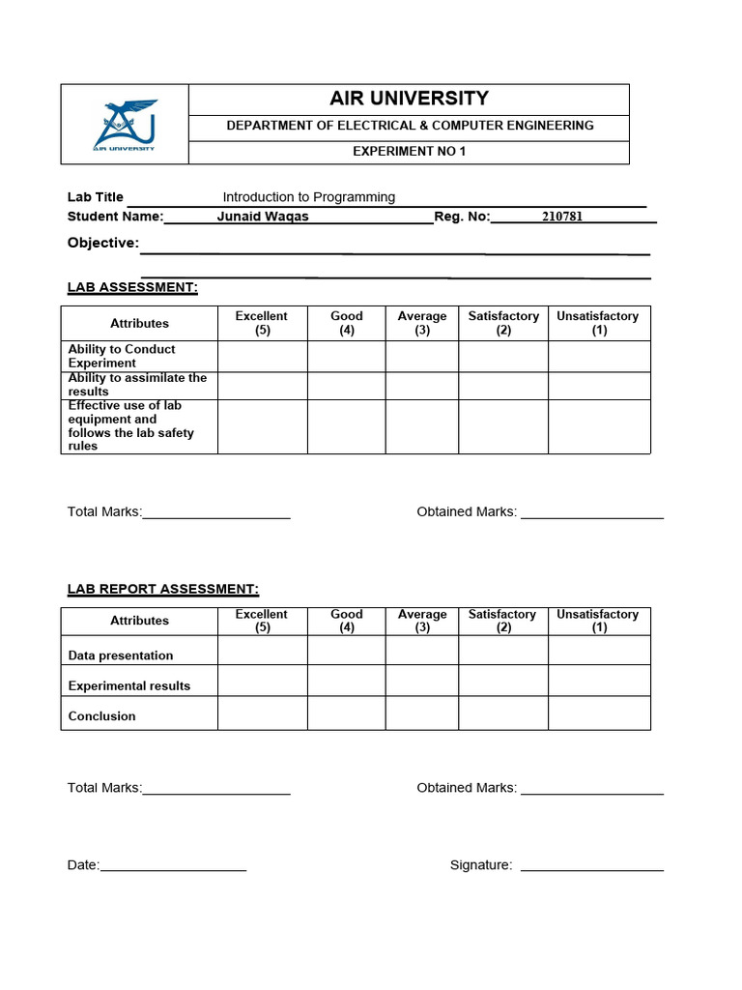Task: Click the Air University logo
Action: pos(125,125)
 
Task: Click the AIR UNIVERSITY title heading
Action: pos(409,99)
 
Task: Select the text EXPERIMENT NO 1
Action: pos(409,152)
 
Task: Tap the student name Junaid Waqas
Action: pos(263,217)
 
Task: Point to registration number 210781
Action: pos(562,217)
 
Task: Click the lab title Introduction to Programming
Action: pos(309,197)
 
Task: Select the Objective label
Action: pos(102,243)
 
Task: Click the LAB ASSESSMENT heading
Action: pos(132,287)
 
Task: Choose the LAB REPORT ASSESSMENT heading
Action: pos(162,589)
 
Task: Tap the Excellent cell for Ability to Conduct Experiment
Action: pos(262,357)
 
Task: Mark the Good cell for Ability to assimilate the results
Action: pos(346,386)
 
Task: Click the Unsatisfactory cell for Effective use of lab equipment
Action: pos(599,426)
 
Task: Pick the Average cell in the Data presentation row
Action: pos(421,651)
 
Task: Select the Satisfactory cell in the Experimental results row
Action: pos(502,681)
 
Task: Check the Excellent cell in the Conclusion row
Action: pos(262,713)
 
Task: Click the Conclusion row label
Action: pos(102,716)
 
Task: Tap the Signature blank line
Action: pos(591,866)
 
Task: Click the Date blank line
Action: pos(173,866)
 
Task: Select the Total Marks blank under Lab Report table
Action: pos(216,790)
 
